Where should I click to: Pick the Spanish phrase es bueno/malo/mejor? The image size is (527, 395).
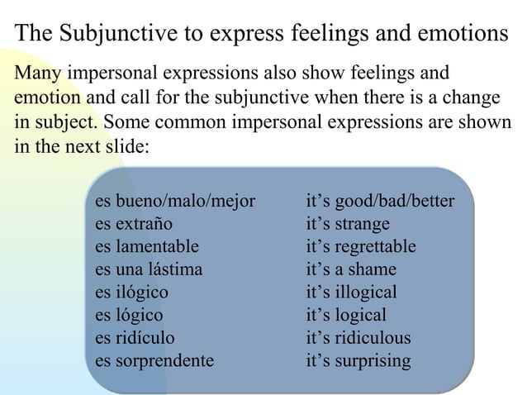[x=175, y=201]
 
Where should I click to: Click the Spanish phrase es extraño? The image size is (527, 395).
[x=135, y=224]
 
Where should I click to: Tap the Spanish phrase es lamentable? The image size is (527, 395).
[x=147, y=247]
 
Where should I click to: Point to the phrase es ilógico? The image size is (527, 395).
[x=131, y=293]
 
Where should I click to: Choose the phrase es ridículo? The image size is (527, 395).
[x=135, y=338]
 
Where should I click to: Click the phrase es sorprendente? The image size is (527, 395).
[x=154, y=361]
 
